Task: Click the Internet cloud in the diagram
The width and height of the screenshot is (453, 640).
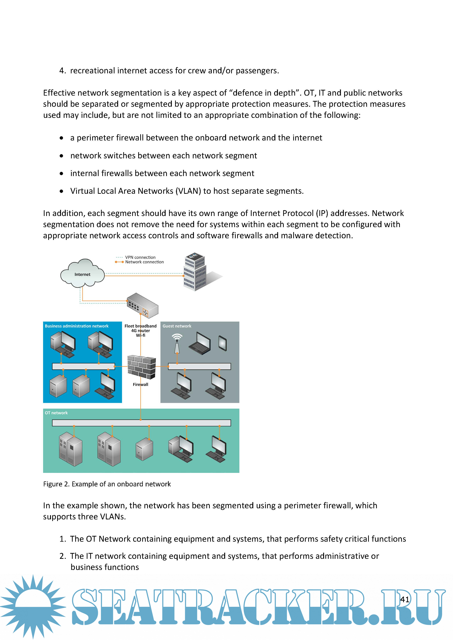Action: tap(82, 274)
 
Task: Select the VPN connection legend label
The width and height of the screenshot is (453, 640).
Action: tap(140, 257)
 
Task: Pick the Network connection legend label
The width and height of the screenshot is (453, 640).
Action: tap(144, 262)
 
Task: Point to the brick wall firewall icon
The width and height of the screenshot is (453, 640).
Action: tap(142, 367)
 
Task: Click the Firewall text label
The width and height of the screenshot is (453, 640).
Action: tap(140, 384)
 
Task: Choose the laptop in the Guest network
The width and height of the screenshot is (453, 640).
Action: tap(200, 343)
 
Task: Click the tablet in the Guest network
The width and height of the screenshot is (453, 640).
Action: tap(223, 343)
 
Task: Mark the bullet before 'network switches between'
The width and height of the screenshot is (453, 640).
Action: tap(61, 156)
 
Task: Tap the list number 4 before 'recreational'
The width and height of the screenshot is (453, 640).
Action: tap(62, 71)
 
